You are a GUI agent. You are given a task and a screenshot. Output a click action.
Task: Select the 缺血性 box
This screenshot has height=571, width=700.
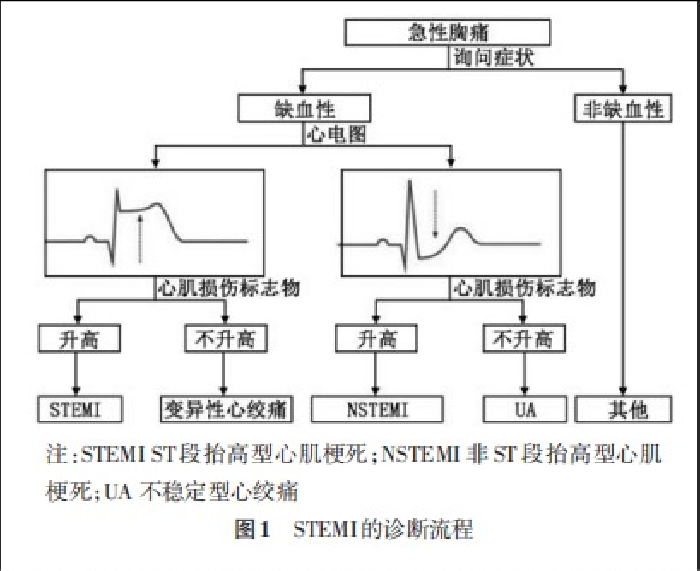(x=305, y=109)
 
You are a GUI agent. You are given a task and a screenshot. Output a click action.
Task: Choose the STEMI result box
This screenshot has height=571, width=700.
(x=77, y=409)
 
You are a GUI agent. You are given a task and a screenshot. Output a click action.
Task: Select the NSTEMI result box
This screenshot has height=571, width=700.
(x=377, y=409)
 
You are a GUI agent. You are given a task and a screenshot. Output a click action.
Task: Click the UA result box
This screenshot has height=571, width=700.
(x=525, y=409)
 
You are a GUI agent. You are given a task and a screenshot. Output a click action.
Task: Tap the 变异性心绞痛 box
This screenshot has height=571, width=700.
(x=225, y=409)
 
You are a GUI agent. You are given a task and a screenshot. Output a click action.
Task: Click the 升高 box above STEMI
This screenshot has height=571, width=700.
(x=77, y=339)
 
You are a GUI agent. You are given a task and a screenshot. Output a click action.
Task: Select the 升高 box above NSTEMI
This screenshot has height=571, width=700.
(x=377, y=339)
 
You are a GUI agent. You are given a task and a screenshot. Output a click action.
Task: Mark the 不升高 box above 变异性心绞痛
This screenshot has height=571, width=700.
(x=225, y=339)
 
